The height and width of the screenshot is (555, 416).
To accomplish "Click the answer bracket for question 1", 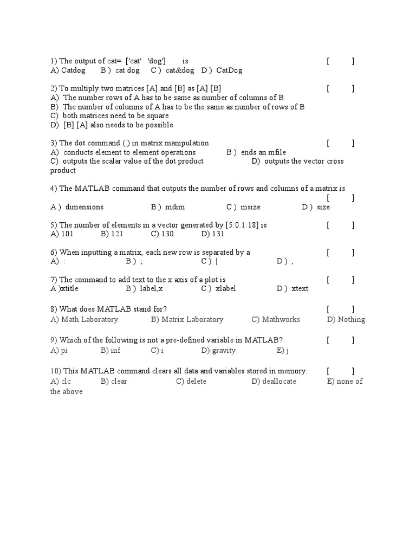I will [x=340, y=61].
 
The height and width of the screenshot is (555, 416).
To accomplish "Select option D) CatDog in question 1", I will [x=222, y=70].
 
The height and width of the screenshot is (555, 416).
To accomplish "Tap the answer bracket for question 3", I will [x=340, y=143].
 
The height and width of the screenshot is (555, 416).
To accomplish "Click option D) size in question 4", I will [x=316, y=207].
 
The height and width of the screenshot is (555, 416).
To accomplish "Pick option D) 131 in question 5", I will [x=213, y=234].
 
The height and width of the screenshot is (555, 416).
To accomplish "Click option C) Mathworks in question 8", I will [x=275, y=319].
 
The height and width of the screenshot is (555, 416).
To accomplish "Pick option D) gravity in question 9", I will [x=218, y=350].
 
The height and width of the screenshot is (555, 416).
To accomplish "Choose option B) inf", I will [x=110, y=350].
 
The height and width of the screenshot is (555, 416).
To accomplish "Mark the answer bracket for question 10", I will [x=340, y=371].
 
